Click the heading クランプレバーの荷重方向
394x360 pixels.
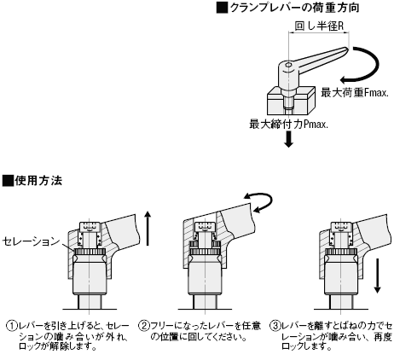tap(294, 8)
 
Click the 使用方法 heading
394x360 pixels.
tap(38, 181)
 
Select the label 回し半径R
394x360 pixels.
tap(319, 26)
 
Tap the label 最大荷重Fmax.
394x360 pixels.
tap(355, 93)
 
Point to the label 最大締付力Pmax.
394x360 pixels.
tap(288, 124)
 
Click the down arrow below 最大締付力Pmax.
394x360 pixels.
tap(289, 140)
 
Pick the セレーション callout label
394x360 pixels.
tap(32, 241)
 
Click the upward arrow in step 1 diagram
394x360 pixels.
tap(148, 228)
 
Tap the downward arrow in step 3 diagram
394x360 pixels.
tap(377, 276)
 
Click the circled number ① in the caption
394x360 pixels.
tap(12, 326)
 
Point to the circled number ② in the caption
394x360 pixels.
tap(144, 326)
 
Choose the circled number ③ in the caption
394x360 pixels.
tap(275, 326)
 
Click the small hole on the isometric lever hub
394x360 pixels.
tap(288, 65)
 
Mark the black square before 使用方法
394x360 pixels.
tap(8, 181)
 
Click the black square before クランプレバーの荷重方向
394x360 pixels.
tap(222, 8)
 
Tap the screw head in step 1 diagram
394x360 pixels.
tap(90, 227)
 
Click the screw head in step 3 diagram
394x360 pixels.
tap(341, 227)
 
